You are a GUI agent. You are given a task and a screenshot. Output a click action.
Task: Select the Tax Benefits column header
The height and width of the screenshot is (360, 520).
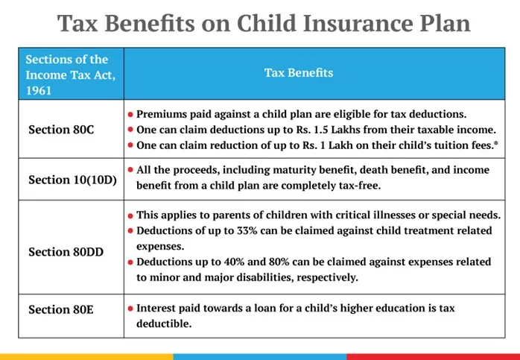(x=299, y=73)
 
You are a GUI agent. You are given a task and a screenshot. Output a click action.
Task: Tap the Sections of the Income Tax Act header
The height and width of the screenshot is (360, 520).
(x=66, y=73)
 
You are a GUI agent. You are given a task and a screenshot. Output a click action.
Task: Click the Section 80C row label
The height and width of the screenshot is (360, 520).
(x=61, y=129)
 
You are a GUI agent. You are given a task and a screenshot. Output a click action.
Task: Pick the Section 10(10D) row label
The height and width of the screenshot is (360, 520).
(x=72, y=180)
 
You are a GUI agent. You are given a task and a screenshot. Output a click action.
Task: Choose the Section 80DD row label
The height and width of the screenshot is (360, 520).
(x=66, y=252)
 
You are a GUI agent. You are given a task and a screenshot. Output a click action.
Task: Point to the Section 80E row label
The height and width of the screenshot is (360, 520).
(x=60, y=309)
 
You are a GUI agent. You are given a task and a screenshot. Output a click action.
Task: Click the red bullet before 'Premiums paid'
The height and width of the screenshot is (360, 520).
(x=130, y=114)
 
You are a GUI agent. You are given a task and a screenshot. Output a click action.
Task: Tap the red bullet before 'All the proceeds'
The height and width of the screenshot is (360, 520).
(x=130, y=171)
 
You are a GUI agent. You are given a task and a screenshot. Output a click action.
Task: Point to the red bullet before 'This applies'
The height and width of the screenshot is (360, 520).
(x=130, y=215)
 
